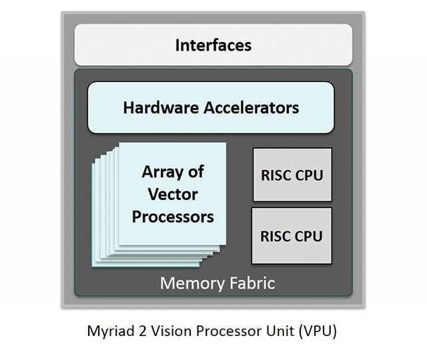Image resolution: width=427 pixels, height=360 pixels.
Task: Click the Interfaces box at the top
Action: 213,45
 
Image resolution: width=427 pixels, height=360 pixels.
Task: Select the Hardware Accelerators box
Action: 211,107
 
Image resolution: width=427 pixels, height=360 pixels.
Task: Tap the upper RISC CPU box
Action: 291,176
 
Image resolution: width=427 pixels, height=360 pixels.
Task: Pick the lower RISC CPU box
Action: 291,235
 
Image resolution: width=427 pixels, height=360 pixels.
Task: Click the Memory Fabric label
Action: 217,283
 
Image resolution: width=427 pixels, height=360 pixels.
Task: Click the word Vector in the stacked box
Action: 173,194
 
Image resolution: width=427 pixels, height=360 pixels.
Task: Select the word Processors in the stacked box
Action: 173,217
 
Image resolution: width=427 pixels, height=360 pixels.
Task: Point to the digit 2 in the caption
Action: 138,331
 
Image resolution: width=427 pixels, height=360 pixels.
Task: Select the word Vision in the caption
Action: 162,331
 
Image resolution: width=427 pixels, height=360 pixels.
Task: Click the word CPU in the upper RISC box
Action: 309,176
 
